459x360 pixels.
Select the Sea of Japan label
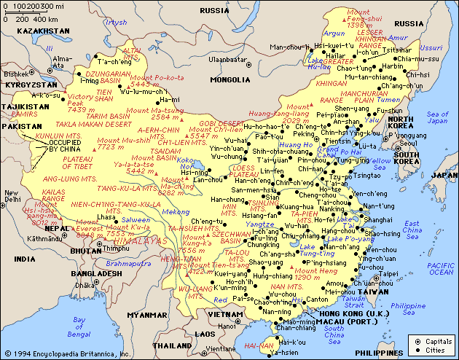(438, 117)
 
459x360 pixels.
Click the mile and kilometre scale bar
(33, 13)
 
